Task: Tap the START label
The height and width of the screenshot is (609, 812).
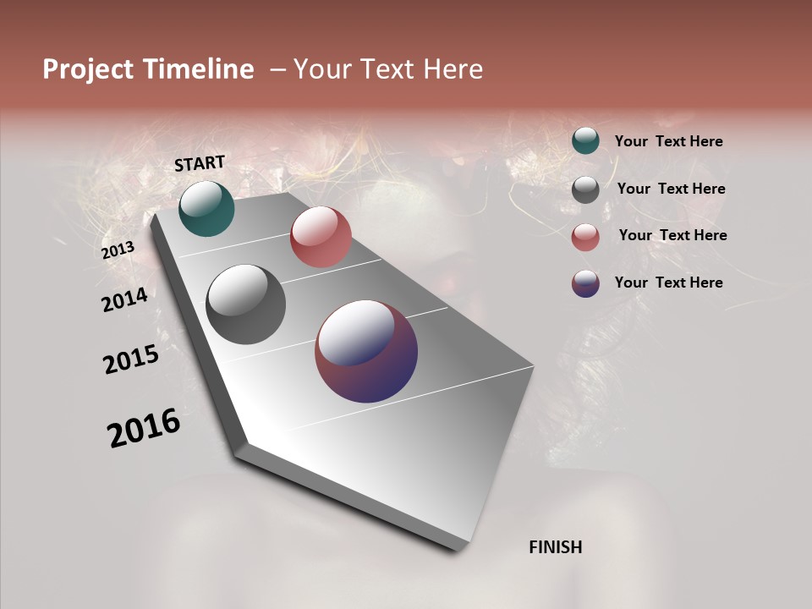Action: pyautogui.click(x=200, y=163)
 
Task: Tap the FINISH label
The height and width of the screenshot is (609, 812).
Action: pyautogui.click(x=555, y=547)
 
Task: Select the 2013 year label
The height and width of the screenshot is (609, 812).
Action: pyautogui.click(x=118, y=250)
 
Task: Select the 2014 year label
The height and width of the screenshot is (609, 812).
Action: pyautogui.click(x=124, y=299)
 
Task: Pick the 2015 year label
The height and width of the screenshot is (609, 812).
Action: pyautogui.click(x=131, y=359)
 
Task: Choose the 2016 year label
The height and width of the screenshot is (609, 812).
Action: pyautogui.click(x=144, y=427)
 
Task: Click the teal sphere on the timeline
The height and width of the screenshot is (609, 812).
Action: pyautogui.click(x=206, y=208)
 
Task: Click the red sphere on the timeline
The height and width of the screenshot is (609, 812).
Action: pyautogui.click(x=321, y=237)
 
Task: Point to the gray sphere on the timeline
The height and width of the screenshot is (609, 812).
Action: pyautogui.click(x=245, y=304)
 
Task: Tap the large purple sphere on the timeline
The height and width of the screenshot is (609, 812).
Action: pyautogui.click(x=366, y=351)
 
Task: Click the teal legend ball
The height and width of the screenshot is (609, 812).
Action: pyautogui.click(x=585, y=140)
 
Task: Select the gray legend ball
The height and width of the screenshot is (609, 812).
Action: pyautogui.click(x=585, y=189)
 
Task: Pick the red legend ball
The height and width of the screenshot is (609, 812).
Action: pyautogui.click(x=585, y=237)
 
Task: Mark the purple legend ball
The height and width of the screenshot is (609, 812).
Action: pyautogui.click(x=585, y=283)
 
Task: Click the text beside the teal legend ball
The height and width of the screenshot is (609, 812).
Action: pyautogui.click(x=668, y=142)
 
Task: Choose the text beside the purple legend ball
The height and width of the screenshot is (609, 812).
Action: pyautogui.click(x=668, y=283)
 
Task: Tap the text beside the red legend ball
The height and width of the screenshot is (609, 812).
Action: pyautogui.click(x=672, y=235)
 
